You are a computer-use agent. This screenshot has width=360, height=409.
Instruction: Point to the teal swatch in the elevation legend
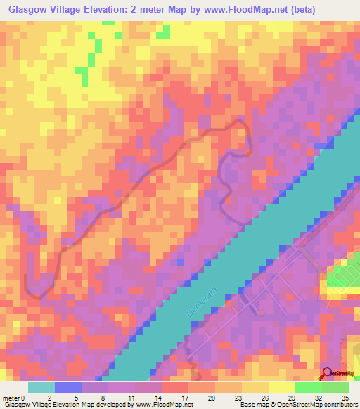click(x=41, y=387)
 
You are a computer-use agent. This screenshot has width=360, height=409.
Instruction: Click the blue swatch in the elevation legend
click(x=68, y=387)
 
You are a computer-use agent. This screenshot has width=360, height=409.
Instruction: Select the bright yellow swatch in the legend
click(x=282, y=387)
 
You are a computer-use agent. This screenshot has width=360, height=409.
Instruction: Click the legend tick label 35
click(x=345, y=398)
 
